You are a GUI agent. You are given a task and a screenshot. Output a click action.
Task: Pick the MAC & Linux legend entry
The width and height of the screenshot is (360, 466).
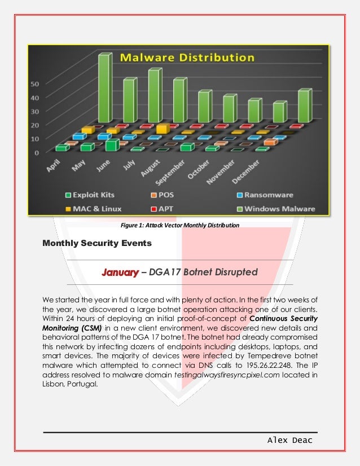pos(100,209)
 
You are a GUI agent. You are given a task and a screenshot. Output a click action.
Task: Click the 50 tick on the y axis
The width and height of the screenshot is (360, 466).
pos(34,83)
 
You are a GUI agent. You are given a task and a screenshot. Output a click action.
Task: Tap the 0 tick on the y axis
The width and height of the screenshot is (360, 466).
pos(37,152)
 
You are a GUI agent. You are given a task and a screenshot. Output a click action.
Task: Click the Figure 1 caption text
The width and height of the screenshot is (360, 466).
pos(180,226)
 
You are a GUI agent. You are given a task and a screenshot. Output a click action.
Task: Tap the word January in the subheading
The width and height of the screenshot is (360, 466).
pos(120,272)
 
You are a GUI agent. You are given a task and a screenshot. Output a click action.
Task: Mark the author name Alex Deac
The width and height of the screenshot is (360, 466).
pos(291,439)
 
